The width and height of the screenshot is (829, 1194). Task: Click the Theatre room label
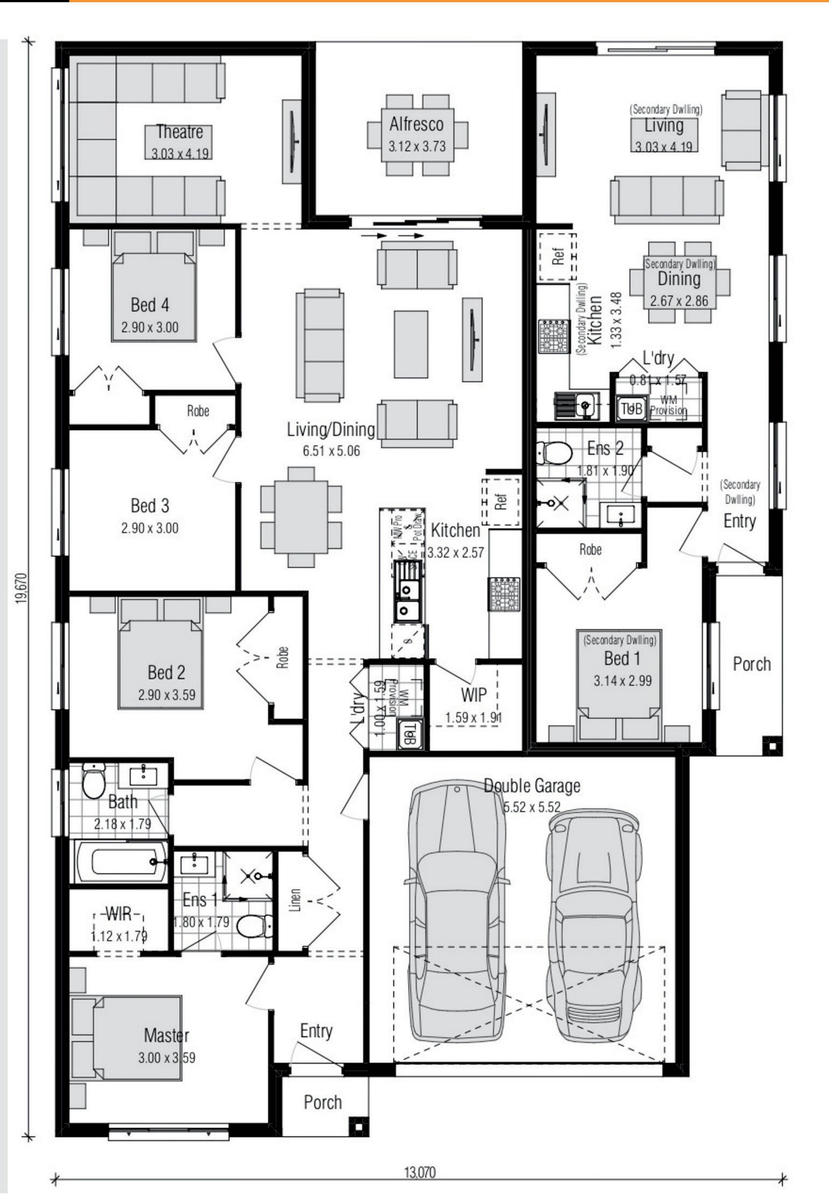(x=179, y=132)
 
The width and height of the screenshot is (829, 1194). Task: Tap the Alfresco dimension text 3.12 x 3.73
(x=417, y=146)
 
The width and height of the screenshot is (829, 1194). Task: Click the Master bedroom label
(x=166, y=1035)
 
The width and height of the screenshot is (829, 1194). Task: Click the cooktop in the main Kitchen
(x=503, y=594)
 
